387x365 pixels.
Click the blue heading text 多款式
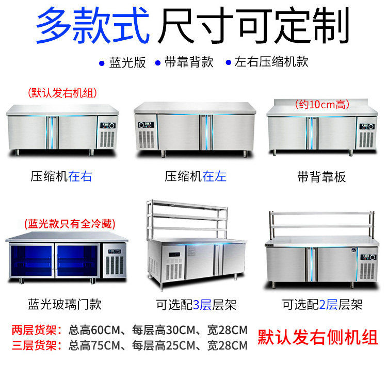[92, 25]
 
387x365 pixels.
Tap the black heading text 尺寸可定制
[253, 25]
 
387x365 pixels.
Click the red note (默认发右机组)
[62, 93]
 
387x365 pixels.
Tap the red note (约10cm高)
[322, 104]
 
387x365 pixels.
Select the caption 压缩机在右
[61, 177]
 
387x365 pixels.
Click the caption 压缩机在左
[195, 177]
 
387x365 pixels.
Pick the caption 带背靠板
[321, 177]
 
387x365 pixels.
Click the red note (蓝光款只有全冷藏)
[70, 224]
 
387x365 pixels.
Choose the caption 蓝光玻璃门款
[64, 304]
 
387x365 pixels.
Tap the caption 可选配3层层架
[196, 305]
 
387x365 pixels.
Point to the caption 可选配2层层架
[322, 305]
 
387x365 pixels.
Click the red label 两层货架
[36, 330]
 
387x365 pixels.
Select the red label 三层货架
[36, 345]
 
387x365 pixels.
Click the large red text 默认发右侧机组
[318, 337]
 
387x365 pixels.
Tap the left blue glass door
[31, 260]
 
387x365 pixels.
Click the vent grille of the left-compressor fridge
[146, 139]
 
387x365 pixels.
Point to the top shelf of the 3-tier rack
[187, 205]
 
